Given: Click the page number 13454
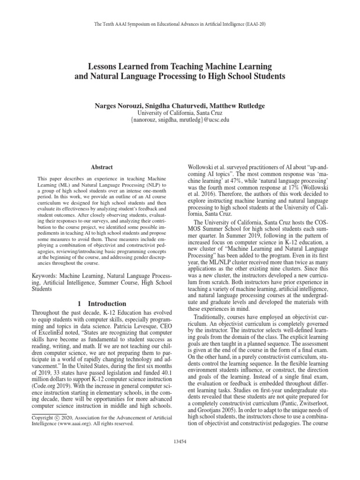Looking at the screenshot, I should coord(180,441).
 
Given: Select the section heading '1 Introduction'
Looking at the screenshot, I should coord(102,304).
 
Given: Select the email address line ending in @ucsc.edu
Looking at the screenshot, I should coord(180,120).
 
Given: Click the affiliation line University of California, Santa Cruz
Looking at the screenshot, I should coord(180,113).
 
